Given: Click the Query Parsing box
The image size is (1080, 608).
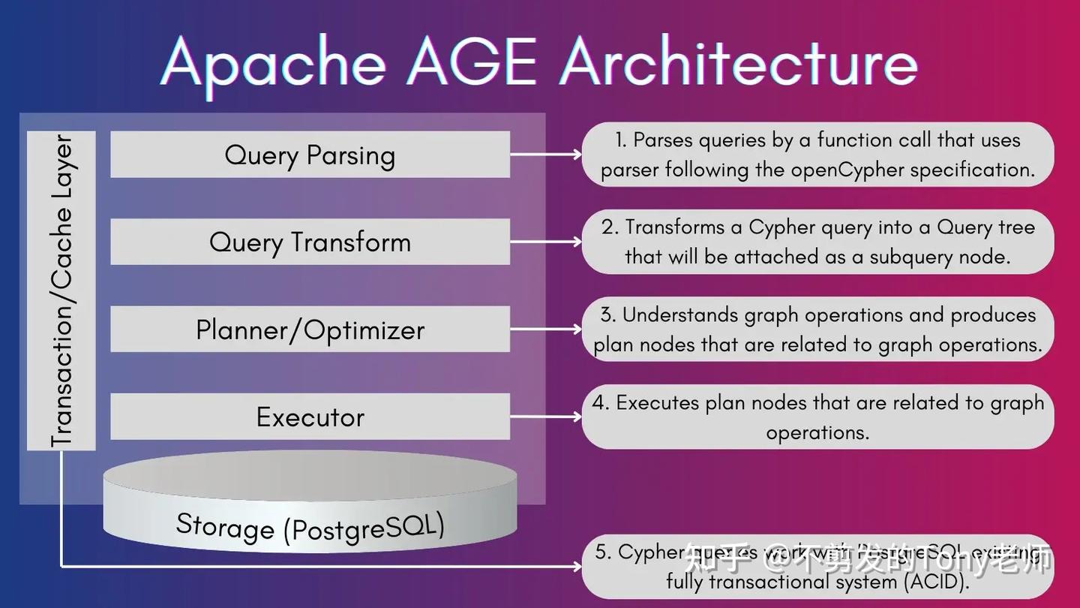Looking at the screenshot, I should click(x=310, y=155).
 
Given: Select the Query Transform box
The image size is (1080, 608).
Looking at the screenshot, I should click(x=310, y=242).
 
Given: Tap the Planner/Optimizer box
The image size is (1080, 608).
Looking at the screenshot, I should click(x=310, y=330).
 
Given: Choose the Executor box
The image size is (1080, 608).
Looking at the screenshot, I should click(x=310, y=417).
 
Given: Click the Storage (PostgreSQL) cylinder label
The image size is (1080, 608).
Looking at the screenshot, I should click(x=310, y=526).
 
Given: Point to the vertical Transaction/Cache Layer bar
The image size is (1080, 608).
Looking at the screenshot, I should click(x=61, y=290).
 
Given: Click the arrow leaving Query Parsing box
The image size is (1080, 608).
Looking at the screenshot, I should click(x=545, y=155).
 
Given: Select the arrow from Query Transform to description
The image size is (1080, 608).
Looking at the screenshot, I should click(x=545, y=242).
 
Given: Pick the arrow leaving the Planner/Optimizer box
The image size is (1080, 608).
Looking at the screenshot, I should click(x=545, y=330).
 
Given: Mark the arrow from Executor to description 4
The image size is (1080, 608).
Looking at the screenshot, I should click(x=545, y=417).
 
